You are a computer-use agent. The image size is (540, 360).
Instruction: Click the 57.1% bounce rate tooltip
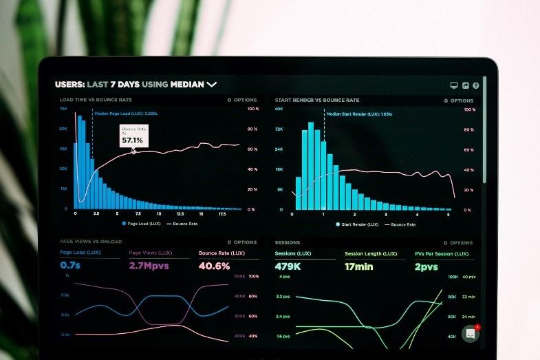click(x=133, y=136)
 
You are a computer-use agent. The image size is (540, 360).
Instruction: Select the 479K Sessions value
click(x=288, y=266)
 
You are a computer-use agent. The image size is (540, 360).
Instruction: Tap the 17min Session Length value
click(x=359, y=266)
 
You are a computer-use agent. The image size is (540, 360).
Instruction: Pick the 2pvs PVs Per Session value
click(x=426, y=266)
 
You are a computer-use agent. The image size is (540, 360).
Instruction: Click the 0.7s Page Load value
click(x=70, y=265)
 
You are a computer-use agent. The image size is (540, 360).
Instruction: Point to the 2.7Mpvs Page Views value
click(x=149, y=265)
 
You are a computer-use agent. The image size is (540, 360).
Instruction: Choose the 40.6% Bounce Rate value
click(x=214, y=265)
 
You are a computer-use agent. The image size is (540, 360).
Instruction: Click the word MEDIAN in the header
click(x=187, y=85)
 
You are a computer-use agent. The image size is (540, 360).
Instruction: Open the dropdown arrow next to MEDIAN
click(x=212, y=85)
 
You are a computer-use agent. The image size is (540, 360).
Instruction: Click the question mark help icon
click(x=476, y=85)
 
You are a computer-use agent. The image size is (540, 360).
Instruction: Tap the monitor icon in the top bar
click(x=454, y=85)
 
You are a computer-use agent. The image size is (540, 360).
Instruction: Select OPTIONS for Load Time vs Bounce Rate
click(x=243, y=100)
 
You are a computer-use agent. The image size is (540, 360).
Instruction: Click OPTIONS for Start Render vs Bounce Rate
click(x=460, y=100)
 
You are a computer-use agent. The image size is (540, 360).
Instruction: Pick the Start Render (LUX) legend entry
click(x=357, y=224)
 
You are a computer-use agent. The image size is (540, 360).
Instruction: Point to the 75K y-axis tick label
click(x=63, y=109)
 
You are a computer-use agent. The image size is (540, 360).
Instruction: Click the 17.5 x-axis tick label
click(x=222, y=214)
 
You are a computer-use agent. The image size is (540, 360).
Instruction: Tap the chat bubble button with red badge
click(x=471, y=333)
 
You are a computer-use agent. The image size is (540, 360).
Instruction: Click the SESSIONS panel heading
click(x=288, y=242)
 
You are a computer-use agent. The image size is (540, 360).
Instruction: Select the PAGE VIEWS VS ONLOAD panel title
click(x=91, y=242)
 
